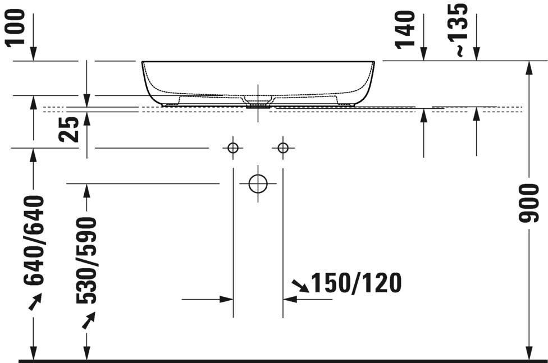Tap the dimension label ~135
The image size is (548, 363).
pyautogui.click(x=460, y=29)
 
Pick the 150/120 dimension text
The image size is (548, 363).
pyautogui.click(x=356, y=284)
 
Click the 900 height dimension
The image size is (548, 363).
pyautogui.click(x=530, y=202)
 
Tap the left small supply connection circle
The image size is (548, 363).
pyautogui.click(x=233, y=148)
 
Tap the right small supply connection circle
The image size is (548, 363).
pyautogui.click(x=282, y=148)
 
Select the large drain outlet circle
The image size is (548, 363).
pyautogui.click(x=258, y=183)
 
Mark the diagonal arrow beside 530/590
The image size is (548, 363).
pyautogui.click(x=88, y=320)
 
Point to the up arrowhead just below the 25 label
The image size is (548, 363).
pyautogui.click(x=86, y=117)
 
